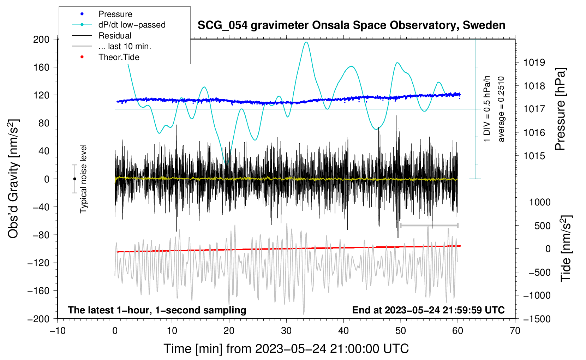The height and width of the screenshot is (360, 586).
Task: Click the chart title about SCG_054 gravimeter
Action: [x=351, y=25]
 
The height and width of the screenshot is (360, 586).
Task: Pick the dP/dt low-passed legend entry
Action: [x=132, y=25]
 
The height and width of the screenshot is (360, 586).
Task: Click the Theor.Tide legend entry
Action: [x=119, y=57]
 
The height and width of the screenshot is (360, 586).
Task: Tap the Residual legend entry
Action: [x=115, y=36]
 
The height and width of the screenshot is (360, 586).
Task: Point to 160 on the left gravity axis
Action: [x=41, y=67]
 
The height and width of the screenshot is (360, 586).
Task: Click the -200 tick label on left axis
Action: [x=39, y=319]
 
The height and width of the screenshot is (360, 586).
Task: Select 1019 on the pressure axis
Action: [x=534, y=62]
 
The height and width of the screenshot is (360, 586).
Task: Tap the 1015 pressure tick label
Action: [x=534, y=156]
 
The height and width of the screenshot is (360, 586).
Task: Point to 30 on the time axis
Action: [x=286, y=331]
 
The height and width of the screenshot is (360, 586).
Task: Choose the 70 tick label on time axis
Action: [x=515, y=331]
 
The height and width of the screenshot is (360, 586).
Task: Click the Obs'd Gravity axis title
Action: [x=13, y=179]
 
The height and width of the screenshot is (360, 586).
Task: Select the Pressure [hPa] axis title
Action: [x=560, y=109]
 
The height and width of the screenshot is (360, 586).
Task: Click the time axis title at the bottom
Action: [x=286, y=349]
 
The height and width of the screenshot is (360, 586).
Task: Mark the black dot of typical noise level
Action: [x=74, y=179]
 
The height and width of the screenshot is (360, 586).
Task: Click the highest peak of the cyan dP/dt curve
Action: [x=306, y=42]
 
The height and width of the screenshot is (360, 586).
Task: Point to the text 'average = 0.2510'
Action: [x=501, y=109]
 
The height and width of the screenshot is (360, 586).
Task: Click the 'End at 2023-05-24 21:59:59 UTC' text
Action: [x=428, y=310]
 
